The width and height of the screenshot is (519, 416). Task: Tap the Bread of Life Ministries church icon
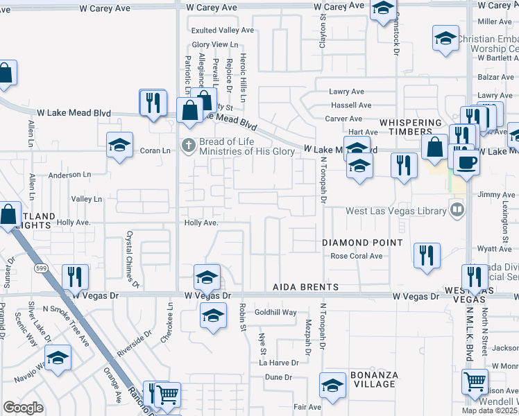pos(187,146)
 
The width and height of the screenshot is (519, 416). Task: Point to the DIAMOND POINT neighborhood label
pos(362,243)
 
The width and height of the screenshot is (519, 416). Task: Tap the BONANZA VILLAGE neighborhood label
pos(373,381)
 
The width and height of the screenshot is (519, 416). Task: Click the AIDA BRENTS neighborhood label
pos(305,287)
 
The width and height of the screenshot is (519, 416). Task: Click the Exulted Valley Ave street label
pos(223,31)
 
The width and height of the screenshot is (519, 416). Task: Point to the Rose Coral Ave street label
pos(357,256)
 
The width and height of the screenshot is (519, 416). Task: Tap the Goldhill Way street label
pos(275,313)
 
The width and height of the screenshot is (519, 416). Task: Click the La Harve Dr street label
pos(279,362)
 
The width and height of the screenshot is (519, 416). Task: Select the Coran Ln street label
pos(155,150)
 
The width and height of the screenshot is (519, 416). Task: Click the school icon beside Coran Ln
pos(120,146)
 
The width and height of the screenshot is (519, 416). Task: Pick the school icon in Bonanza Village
pos(332,385)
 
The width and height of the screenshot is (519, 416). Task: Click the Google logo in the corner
pos(23,408)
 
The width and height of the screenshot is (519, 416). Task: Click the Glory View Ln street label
pos(210,44)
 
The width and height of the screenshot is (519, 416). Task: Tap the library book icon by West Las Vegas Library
pos(457,208)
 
